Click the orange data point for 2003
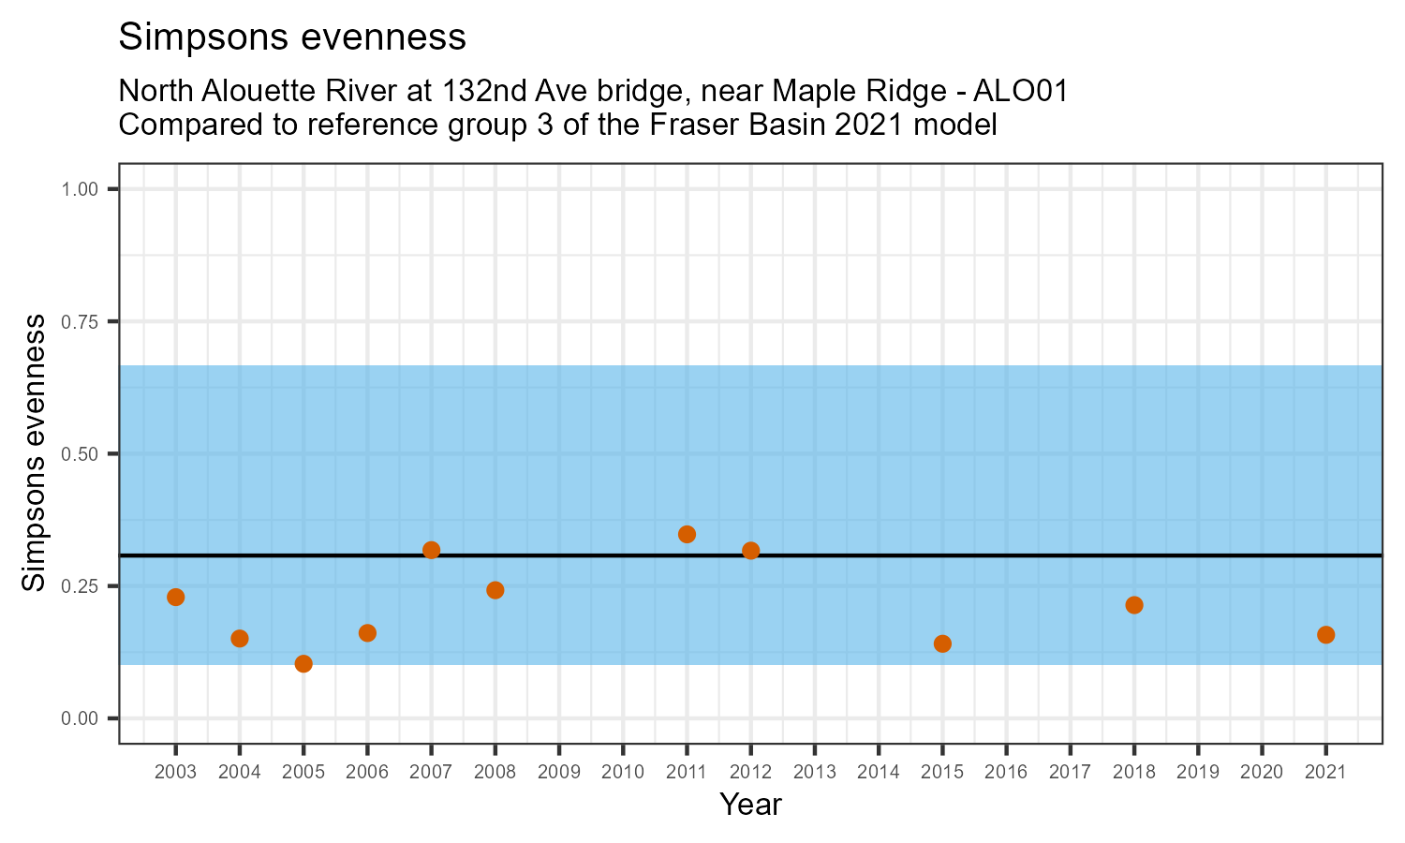click(175, 597)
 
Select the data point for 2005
click(303, 663)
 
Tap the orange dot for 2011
click(687, 534)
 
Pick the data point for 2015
click(942, 643)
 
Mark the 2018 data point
click(1134, 605)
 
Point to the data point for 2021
click(1325, 634)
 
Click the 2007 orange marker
click(431, 550)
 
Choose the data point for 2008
click(495, 590)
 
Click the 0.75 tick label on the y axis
click(80, 322)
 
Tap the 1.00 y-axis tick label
click(80, 190)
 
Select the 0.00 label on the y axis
click(80, 718)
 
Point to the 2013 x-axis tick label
click(814, 773)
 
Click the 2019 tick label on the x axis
click(1198, 773)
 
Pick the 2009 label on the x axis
click(559, 773)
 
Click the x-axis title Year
click(750, 805)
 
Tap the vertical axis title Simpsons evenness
click(34, 453)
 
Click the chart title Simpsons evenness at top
click(292, 37)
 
